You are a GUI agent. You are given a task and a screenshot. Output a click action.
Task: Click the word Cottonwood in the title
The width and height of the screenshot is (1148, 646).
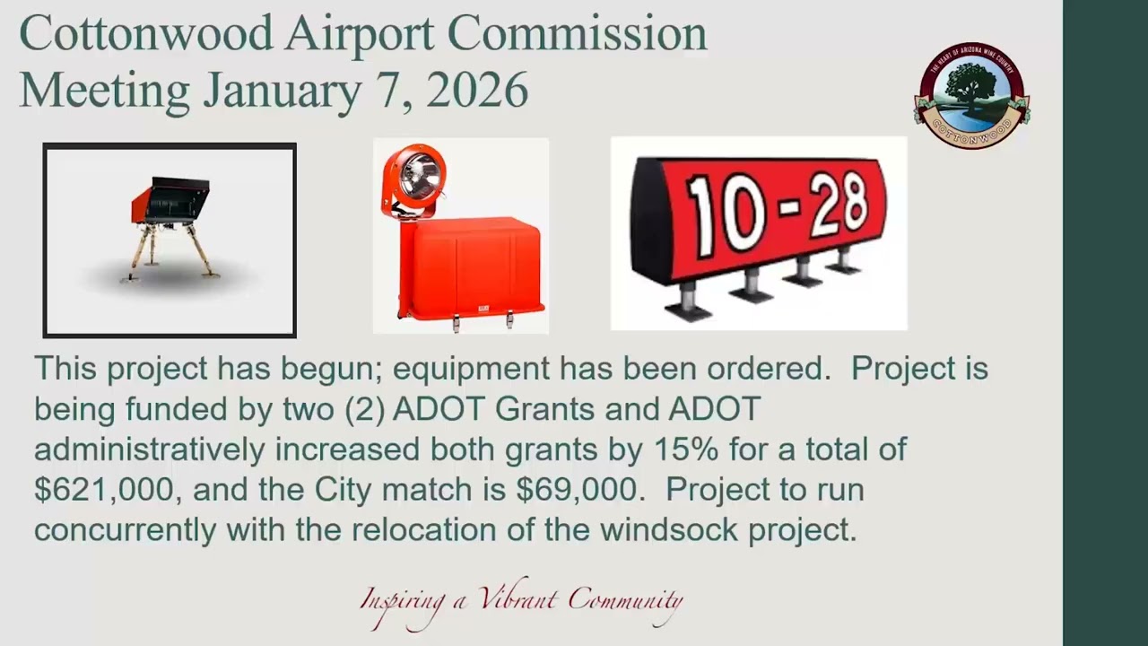pos(146,34)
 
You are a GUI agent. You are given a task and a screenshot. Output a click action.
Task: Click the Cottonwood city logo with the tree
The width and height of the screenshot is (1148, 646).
pos(972,95)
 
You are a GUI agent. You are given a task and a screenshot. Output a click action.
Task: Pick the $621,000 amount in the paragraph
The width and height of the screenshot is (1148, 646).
pos(103,490)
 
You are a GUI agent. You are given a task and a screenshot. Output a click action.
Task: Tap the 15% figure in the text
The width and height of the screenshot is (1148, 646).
pos(668,450)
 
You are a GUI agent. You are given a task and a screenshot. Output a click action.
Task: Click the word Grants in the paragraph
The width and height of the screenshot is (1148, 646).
pos(545,409)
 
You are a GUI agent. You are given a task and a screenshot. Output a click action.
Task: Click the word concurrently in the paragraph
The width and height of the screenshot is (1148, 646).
pos(126,530)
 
